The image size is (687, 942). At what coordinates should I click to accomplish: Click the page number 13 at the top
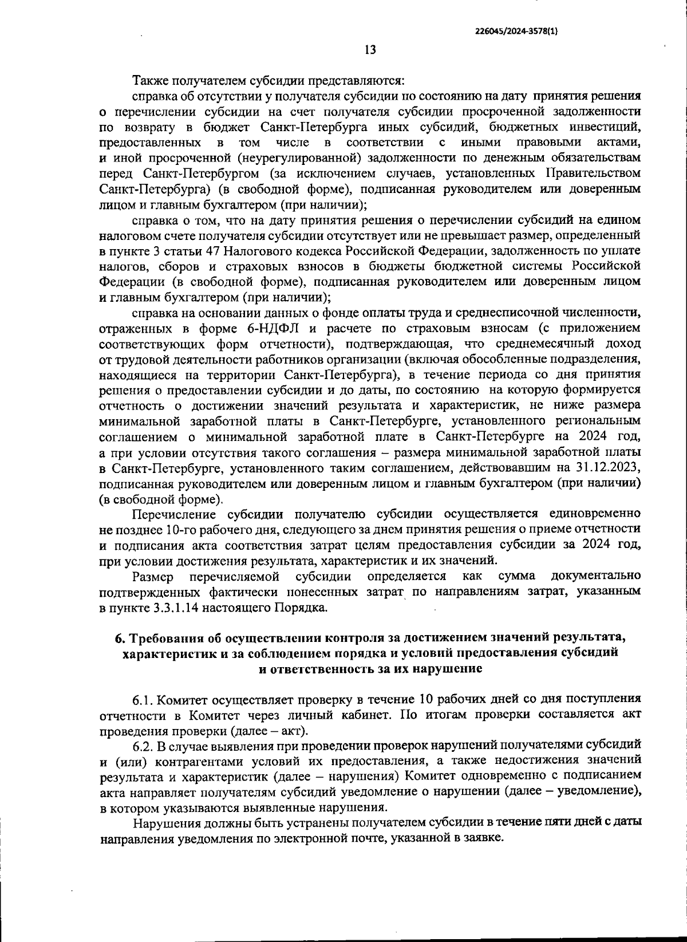click(x=370, y=50)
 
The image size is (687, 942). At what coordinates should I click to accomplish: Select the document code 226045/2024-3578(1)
click(x=516, y=32)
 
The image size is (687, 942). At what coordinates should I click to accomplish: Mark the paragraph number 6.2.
click(x=143, y=744)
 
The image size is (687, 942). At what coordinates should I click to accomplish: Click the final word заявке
click(x=483, y=838)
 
